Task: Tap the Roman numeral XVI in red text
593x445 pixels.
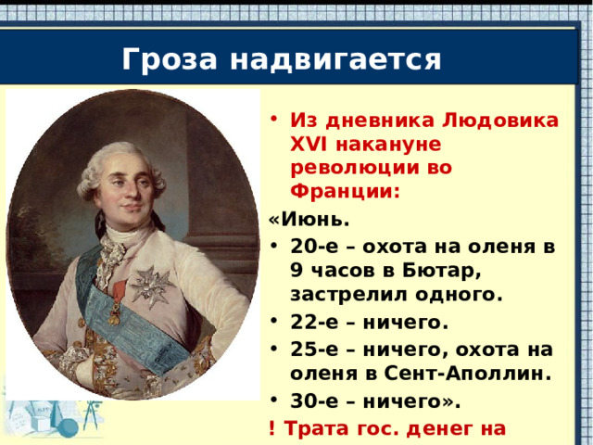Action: click(306, 146)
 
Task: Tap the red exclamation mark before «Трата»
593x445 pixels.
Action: click(271, 428)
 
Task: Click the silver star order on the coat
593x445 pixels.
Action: click(150, 286)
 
